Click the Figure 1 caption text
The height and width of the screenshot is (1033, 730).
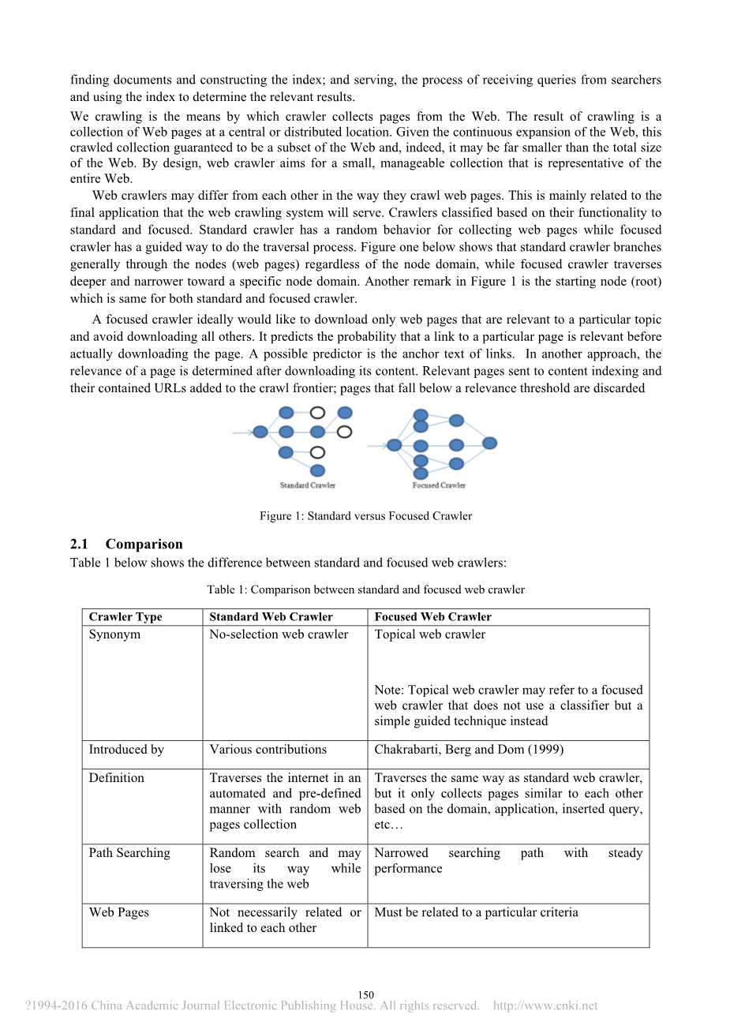[365, 516]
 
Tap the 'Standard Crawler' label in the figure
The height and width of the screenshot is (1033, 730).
[308, 485]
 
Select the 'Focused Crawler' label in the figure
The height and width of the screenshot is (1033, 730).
[439, 485]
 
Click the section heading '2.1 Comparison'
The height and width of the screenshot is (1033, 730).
[126, 544]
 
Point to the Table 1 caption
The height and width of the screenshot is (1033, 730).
[365, 589]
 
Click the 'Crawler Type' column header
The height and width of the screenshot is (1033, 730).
[125, 617]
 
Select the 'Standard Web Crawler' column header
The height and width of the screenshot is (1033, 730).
[271, 617]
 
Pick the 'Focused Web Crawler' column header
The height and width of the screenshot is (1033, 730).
[432, 617]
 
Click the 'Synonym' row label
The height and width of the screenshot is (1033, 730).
[114, 634]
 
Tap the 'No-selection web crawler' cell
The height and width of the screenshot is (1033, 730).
[279, 634]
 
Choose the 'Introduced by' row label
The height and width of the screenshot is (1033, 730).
[126, 750]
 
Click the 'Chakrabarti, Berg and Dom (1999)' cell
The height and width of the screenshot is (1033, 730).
[469, 750]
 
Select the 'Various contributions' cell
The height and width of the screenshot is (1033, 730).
[268, 750]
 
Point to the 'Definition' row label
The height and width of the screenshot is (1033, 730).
[117, 778]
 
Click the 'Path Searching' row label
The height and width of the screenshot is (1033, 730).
[129, 853]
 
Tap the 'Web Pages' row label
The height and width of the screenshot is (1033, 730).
[118, 912]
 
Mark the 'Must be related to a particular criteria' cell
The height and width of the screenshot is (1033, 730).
[476, 912]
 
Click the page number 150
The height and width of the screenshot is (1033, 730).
[365, 995]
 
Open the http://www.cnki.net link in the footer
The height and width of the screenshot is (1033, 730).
[545, 1006]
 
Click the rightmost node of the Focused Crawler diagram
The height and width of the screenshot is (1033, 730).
[489, 444]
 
